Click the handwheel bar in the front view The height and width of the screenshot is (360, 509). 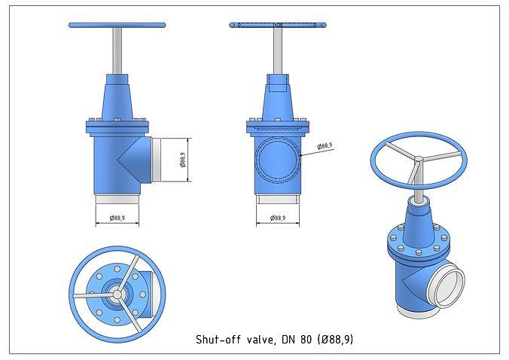coord(117,25)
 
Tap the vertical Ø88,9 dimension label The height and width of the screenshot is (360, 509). coord(182,160)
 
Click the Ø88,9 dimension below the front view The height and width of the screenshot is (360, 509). coord(117,218)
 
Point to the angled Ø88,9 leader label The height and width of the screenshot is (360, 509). coord(325,145)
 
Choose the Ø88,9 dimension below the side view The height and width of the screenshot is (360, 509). coord(277,218)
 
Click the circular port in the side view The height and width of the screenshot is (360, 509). coord(277,160)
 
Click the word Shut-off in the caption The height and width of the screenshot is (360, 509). coord(215,340)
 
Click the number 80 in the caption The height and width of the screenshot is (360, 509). coord(305,340)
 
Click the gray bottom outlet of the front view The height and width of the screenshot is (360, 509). coord(117,200)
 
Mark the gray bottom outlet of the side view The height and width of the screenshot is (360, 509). coord(277,200)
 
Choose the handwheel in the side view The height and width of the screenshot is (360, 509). coord(277,26)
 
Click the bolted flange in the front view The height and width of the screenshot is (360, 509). coord(117,125)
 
